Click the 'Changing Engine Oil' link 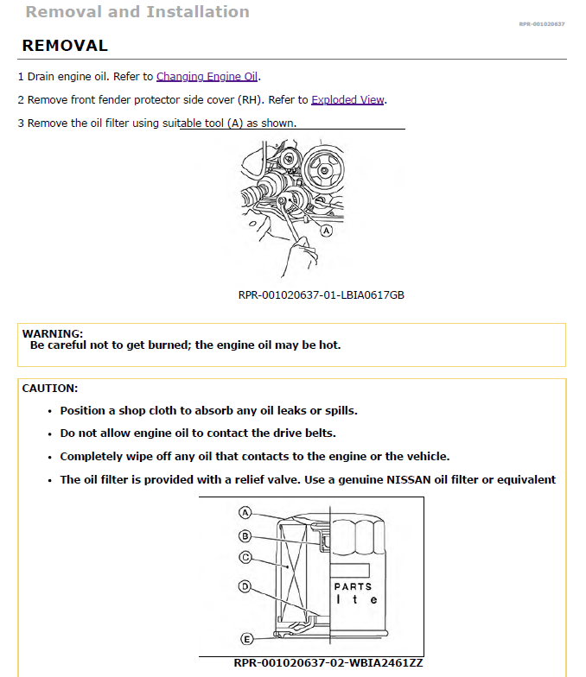tap(207, 76)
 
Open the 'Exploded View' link tap(347, 99)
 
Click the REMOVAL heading tap(65, 46)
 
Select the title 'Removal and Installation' tap(137, 12)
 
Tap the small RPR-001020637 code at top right tap(541, 24)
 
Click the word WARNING tap(52, 333)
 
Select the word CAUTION tap(49, 389)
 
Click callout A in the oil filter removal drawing tap(326, 231)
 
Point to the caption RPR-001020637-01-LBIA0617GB tap(321, 295)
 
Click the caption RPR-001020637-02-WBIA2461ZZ tap(328, 663)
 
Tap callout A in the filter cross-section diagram tap(245, 513)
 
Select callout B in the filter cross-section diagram tap(245, 535)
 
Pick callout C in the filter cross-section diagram tap(245, 557)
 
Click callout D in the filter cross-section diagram tap(245, 587)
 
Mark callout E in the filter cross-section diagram tap(245, 639)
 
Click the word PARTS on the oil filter tap(353, 586)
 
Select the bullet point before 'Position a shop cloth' tap(50, 411)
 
